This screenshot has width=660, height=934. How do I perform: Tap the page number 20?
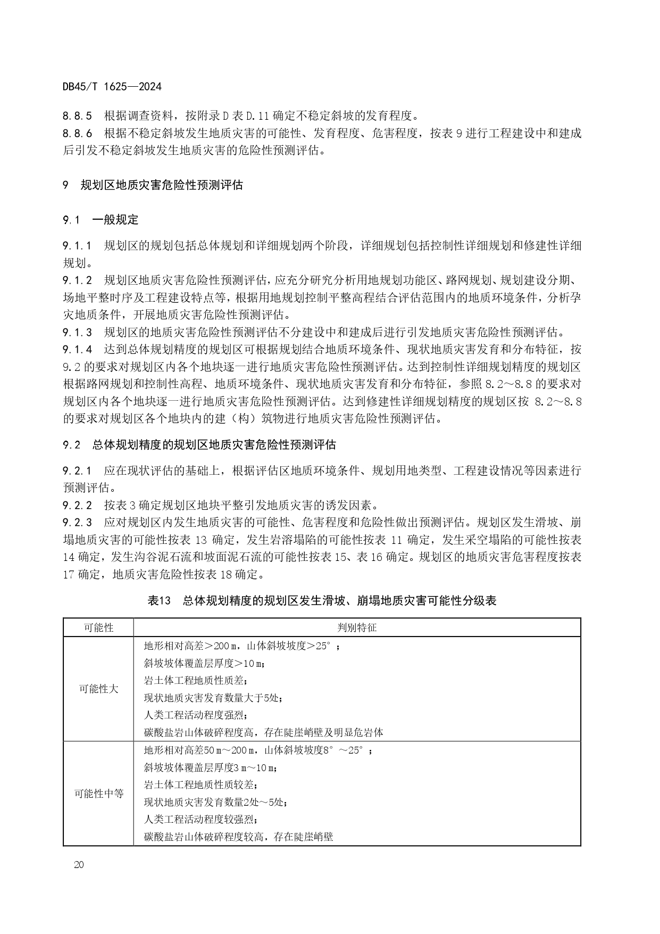[79, 864]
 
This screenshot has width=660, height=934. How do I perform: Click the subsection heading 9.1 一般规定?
[101, 219]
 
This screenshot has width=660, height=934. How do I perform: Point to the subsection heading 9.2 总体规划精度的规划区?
[199, 444]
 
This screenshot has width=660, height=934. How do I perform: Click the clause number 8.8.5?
[78, 115]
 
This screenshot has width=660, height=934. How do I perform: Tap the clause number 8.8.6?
[78, 133]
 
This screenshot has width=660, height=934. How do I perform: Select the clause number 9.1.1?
[78, 245]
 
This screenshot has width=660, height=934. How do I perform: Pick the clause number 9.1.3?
[78, 333]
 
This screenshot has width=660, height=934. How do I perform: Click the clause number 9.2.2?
[78, 505]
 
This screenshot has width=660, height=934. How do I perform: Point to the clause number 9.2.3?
[78, 522]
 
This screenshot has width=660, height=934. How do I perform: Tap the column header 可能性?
[98, 627]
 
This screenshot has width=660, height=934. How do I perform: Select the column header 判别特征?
[357, 627]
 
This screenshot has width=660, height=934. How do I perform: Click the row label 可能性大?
[98, 689]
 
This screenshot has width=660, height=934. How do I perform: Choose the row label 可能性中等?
[98, 794]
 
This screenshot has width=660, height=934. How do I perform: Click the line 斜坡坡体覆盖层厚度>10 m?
[204, 663]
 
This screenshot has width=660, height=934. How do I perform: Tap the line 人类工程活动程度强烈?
[196, 715]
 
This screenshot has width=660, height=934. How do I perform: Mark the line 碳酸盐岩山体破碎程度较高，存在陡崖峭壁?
[238, 837]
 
